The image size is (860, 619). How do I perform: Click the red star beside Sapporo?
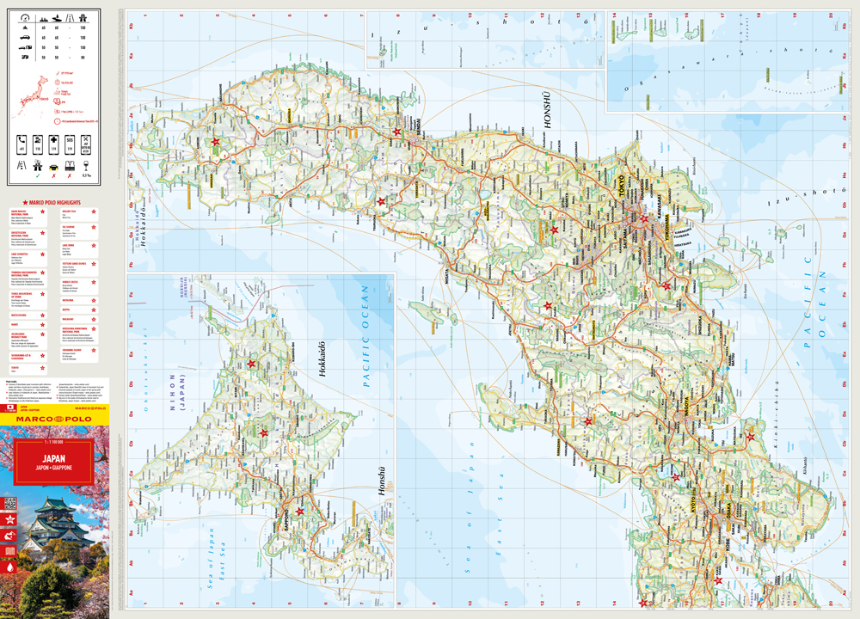pos(300,512)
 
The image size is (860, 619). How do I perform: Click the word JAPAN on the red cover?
pos(56,458)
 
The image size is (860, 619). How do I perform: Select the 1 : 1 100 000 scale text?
pos(56,442)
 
